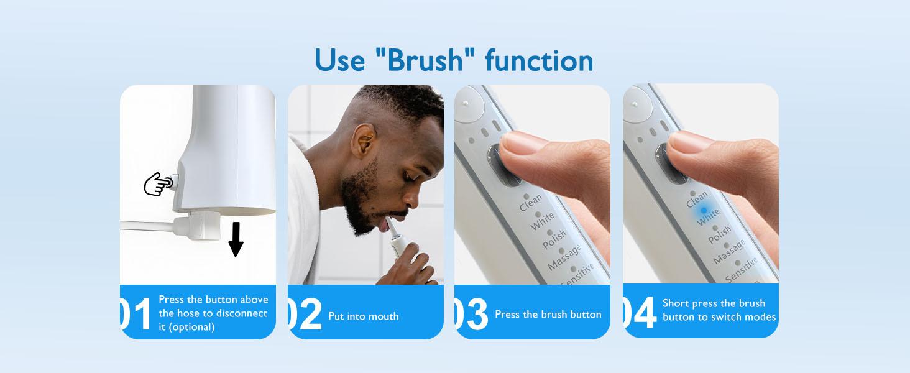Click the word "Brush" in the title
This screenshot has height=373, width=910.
[425, 60]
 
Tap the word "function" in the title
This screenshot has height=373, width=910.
[539, 60]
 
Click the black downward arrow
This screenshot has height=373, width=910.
[236, 239]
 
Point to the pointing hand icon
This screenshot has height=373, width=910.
[159, 184]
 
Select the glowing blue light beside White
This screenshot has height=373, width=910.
[704, 210]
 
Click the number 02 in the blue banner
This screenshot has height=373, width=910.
[305, 314]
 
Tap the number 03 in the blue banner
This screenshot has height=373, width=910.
[471, 313]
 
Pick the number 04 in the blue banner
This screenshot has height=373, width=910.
[640, 313]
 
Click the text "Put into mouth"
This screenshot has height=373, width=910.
[364, 316]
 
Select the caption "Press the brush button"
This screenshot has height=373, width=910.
[548, 315]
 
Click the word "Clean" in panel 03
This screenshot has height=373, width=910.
[531, 202]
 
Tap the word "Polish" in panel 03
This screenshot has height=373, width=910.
[554, 239]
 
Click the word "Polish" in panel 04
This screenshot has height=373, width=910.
[720, 234]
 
